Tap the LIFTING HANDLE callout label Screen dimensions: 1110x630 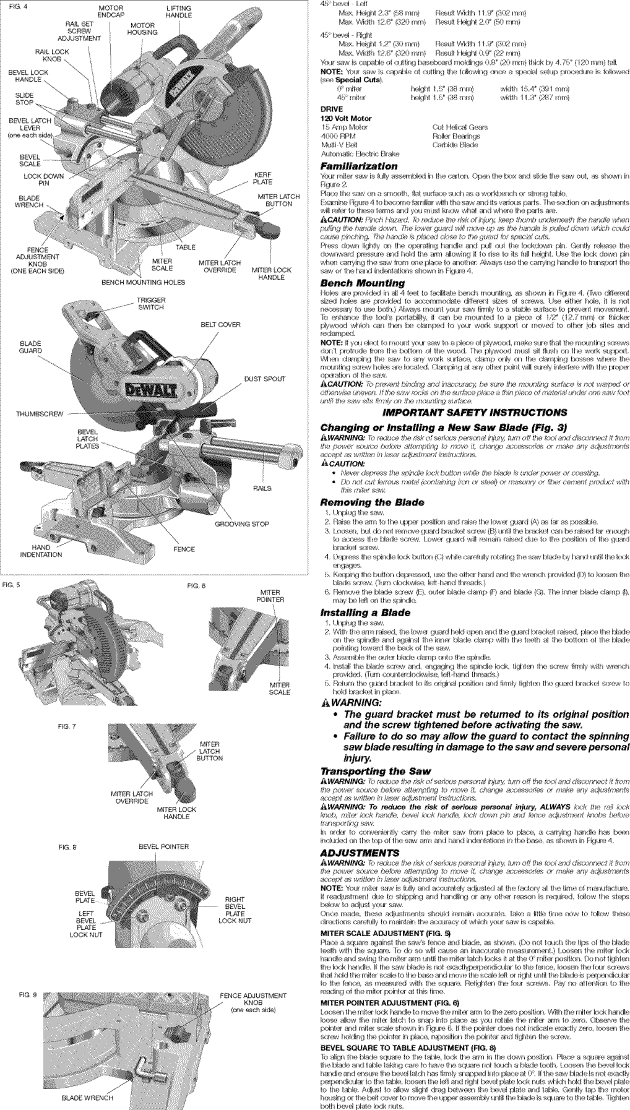179,12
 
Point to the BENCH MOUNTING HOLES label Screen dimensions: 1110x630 143,282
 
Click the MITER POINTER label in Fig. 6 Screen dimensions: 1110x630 272,596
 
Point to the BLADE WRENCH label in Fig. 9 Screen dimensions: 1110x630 87,1098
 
